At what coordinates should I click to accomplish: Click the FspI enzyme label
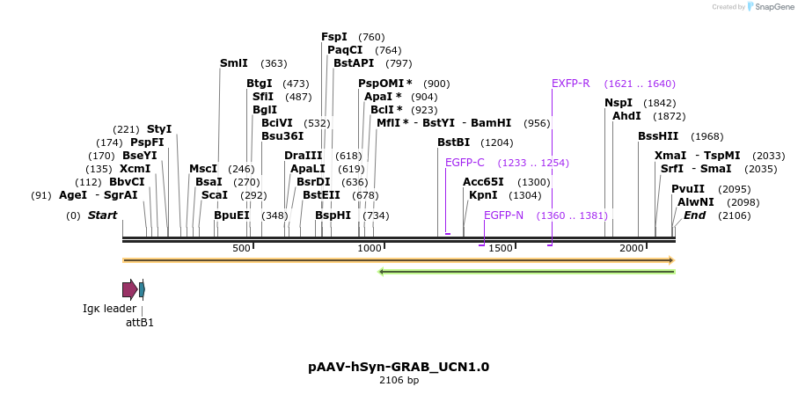(x=334, y=37)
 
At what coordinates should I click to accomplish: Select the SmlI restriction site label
(x=233, y=63)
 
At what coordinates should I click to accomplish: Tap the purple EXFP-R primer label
(x=570, y=84)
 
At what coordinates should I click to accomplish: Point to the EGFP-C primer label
(x=465, y=163)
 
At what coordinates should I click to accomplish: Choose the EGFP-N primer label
(x=503, y=215)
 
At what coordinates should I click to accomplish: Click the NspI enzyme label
(x=619, y=103)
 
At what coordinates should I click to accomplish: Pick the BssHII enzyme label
(x=658, y=136)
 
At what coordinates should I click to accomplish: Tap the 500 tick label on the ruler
(x=242, y=249)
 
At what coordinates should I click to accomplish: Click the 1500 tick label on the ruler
(x=501, y=249)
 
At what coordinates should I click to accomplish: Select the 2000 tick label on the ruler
(x=632, y=249)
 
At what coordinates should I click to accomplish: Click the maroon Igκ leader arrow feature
(x=129, y=289)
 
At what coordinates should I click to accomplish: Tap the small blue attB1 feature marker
(x=142, y=289)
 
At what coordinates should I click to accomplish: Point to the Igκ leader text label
(x=110, y=309)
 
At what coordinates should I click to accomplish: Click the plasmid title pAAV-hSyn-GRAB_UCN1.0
(x=399, y=367)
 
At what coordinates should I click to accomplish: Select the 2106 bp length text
(x=399, y=381)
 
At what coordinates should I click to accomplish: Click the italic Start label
(x=102, y=215)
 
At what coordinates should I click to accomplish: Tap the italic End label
(x=695, y=215)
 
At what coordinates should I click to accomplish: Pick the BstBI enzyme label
(x=453, y=142)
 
